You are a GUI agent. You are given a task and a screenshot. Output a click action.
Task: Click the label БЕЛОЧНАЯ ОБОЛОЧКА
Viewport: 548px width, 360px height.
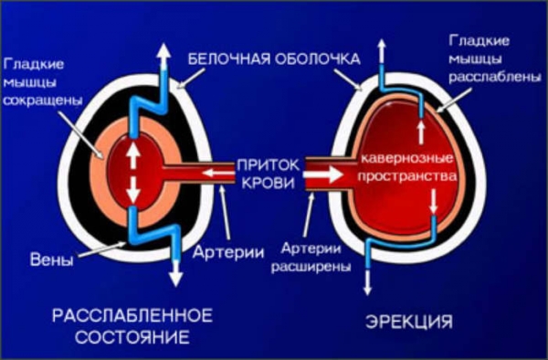(x=274, y=58)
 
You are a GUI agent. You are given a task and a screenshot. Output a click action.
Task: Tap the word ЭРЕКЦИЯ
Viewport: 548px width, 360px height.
(x=409, y=322)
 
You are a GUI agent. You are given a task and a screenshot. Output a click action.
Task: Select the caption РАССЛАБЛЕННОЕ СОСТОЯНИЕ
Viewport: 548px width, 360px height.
(x=132, y=326)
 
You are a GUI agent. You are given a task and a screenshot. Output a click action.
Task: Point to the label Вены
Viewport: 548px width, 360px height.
(x=52, y=260)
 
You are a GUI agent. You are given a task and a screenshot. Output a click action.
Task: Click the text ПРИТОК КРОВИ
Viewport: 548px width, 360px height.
(x=269, y=174)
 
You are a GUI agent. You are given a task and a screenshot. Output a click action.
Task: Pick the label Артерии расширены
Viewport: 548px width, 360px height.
(x=311, y=258)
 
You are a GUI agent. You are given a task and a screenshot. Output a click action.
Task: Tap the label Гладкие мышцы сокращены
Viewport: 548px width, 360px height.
(x=43, y=82)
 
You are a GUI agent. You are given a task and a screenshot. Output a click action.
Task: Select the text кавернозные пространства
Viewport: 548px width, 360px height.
(x=407, y=167)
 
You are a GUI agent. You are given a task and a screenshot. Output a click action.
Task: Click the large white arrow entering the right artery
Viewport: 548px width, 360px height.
(x=323, y=175)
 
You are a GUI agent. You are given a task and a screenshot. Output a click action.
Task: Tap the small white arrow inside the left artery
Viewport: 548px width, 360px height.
(x=217, y=173)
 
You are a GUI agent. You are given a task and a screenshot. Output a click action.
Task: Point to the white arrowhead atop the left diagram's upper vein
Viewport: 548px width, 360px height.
(x=163, y=54)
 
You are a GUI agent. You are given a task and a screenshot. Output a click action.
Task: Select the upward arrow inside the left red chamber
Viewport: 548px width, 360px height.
(x=132, y=156)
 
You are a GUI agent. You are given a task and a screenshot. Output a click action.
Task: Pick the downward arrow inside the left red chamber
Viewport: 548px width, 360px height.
(x=132, y=189)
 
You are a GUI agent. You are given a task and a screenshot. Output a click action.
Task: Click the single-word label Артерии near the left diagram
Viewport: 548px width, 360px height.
(x=228, y=251)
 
